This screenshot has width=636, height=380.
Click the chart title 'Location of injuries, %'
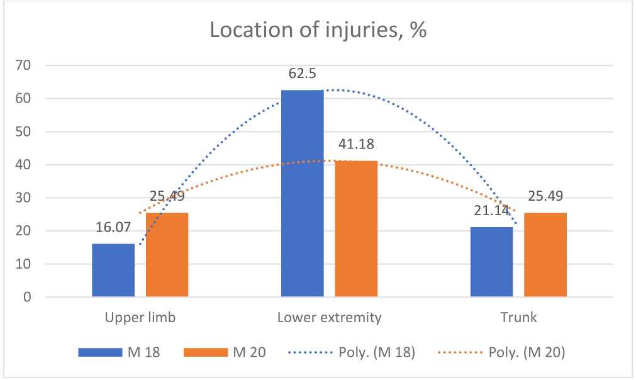tap(318, 31)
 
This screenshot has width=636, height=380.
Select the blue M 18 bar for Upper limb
tap(113, 270)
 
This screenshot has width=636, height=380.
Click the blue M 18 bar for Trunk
tap(491, 262)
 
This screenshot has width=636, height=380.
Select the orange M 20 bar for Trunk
tap(545, 255)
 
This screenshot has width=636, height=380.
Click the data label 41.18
tap(356, 144)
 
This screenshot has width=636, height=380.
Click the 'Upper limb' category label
tap(140, 317)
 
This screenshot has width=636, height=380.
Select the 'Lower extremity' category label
tap(329, 317)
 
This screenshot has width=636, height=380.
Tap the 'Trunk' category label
tap(518, 317)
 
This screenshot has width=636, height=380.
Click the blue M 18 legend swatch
tap(100, 352)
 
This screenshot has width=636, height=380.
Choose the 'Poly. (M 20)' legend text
tap(527, 352)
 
